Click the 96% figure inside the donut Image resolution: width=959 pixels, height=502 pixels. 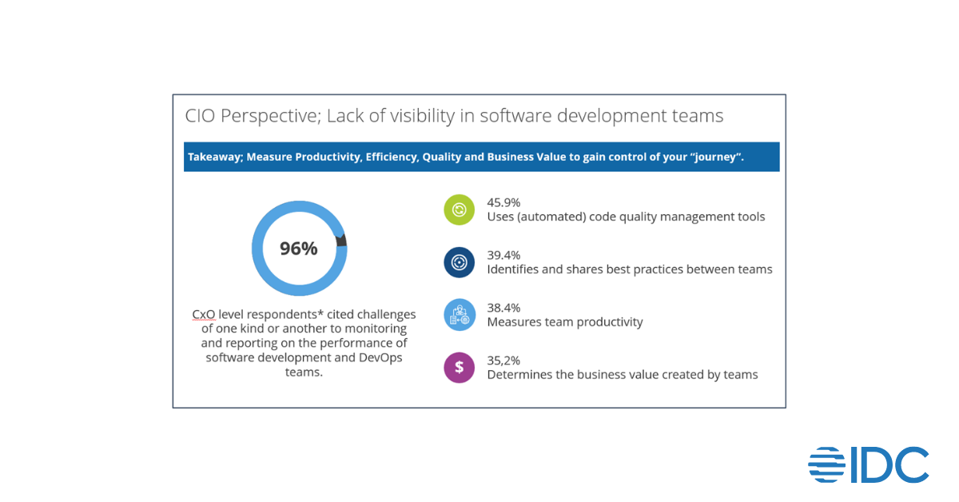299,249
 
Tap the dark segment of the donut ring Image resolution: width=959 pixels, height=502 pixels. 342,241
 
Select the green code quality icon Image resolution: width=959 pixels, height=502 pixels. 460,210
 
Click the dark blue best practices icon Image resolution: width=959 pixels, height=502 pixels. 460,262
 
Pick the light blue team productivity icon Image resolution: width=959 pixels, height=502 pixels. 460,315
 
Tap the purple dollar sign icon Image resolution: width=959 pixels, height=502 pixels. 460,367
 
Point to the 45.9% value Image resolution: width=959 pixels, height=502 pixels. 503,202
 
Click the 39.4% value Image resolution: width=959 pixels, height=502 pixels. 503,255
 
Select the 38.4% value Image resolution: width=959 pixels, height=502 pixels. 503,308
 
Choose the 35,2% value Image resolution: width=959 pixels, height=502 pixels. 503,360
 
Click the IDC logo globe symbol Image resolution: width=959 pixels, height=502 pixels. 827,464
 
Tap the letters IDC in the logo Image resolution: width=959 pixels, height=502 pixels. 889,464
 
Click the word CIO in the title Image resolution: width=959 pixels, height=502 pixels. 201,116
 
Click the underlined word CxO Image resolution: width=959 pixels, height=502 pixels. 204,314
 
